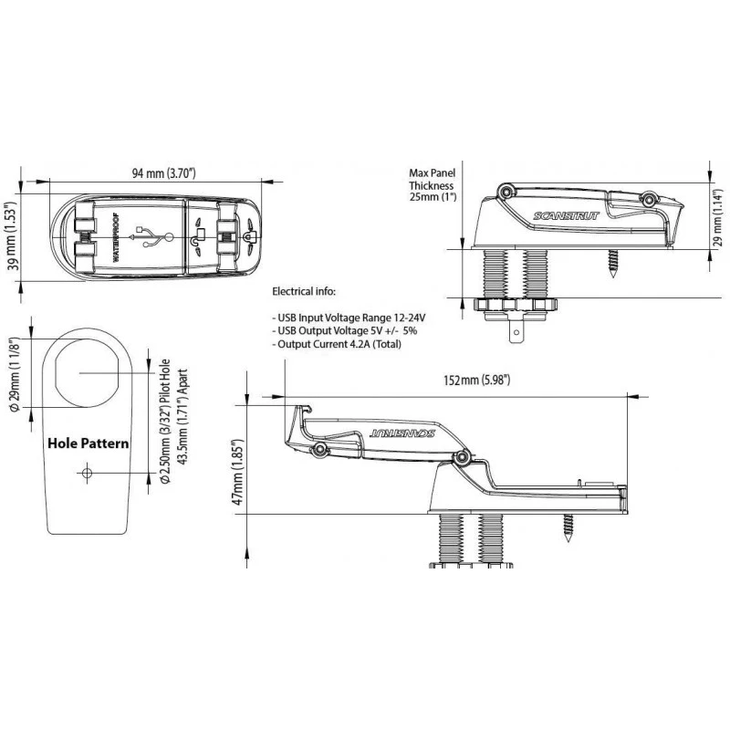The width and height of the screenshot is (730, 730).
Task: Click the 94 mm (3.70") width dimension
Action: point(163,173)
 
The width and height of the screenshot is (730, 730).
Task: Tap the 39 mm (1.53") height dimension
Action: point(13,235)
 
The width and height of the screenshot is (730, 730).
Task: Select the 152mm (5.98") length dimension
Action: point(476,380)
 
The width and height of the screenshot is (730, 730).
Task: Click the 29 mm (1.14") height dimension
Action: point(717,217)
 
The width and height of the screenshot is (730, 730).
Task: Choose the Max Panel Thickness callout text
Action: point(433,185)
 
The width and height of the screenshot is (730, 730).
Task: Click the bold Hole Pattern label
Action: point(89,443)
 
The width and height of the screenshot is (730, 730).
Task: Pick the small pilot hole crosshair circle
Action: point(87,474)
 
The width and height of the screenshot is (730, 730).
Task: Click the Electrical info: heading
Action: point(304,292)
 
